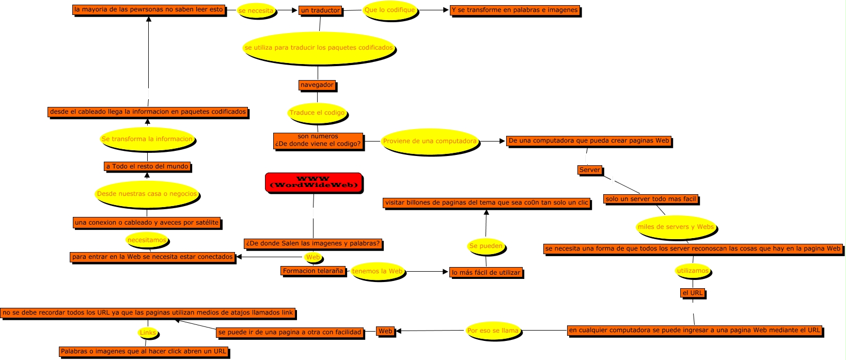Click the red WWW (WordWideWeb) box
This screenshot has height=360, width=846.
[314, 182]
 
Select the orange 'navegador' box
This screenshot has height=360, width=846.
[317, 85]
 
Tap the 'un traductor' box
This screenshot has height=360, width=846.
[320, 10]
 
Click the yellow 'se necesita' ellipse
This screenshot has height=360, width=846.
[256, 11]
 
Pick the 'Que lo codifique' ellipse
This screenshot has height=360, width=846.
[390, 10]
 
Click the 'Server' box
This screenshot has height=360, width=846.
[590, 170]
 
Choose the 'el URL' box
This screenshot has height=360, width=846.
[693, 293]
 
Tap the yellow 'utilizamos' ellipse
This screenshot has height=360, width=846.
[693, 271]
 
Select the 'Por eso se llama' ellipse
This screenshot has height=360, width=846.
[493, 331]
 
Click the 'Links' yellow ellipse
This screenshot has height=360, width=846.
[148, 333]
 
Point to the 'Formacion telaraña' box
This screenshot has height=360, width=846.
[313, 271]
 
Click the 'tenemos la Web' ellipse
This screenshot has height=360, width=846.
[377, 272]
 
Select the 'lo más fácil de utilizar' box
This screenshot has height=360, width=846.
[485, 272]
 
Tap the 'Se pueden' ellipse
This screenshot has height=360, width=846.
[485, 246]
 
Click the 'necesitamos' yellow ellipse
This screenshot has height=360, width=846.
[147, 240]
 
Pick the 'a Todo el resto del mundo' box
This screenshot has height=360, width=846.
[147, 166]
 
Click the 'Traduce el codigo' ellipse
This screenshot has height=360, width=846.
[317, 113]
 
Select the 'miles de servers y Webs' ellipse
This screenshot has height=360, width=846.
[676, 227]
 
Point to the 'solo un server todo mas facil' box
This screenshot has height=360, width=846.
[651, 199]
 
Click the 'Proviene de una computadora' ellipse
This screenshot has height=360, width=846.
[430, 141]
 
